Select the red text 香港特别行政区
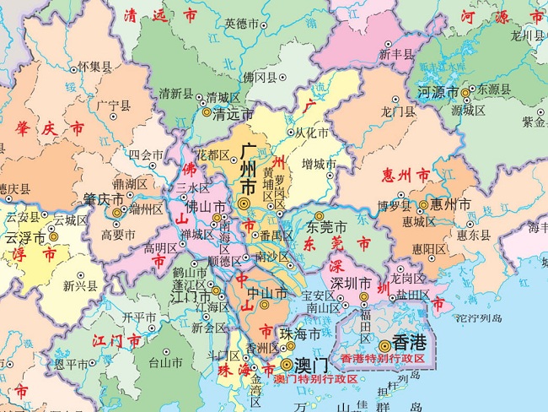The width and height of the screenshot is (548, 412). [388, 359]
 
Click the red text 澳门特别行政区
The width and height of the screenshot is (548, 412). [315, 379]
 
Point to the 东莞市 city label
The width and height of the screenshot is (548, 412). [326, 227]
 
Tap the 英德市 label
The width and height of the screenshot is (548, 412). [241, 24]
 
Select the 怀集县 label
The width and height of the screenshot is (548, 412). [94, 66]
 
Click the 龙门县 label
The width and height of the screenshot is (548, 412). [399, 111]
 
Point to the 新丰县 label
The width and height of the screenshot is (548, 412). [396, 54]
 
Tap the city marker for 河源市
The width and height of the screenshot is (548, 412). [465, 91]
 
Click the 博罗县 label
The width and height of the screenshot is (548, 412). [394, 204]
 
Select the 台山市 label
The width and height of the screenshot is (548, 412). [165, 364]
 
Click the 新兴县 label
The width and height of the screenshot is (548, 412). [80, 286]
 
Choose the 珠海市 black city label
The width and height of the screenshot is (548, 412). [302, 335]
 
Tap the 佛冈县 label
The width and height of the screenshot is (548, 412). [260, 78]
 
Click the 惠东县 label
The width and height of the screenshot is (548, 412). [474, 235]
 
